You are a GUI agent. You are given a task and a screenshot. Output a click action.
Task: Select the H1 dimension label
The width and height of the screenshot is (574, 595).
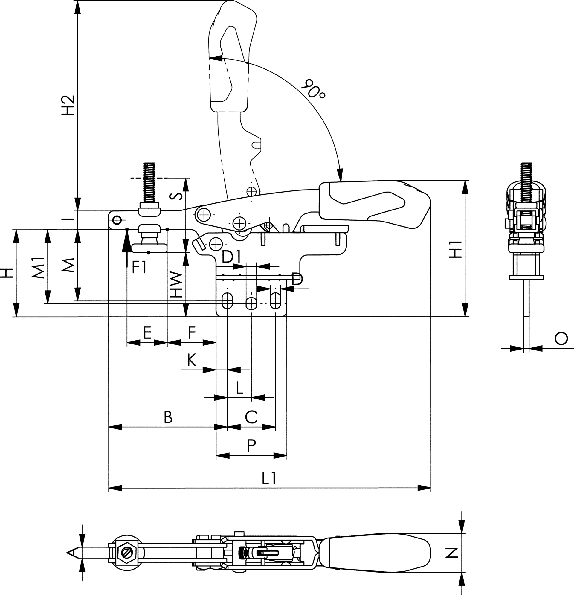click(455, 249)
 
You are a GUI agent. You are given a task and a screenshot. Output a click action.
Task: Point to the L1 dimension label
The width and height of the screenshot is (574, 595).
click(269, 479)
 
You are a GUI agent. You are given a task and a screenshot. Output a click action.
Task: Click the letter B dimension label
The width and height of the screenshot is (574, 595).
click(168, 417)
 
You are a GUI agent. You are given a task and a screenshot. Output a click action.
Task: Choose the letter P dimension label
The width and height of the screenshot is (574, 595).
click(251, 446)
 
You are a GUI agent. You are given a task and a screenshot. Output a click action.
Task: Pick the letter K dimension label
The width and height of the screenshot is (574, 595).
click(192, 361)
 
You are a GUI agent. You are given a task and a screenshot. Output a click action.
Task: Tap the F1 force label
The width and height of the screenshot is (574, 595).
click(139, 267)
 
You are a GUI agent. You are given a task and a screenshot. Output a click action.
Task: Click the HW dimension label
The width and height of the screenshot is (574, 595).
click(176, 284)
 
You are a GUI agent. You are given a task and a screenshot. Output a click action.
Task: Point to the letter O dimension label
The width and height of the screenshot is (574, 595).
click(561, 338)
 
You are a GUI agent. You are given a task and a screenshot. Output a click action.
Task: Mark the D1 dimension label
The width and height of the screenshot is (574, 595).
click(231, 257)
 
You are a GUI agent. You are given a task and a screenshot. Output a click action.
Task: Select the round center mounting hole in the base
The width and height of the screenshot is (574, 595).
click(251, 302)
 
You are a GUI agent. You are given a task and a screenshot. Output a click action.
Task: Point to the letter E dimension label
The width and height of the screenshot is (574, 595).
click(147, 333)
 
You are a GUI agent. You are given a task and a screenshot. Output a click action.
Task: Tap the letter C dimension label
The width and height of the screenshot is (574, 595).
click(251, 417)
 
